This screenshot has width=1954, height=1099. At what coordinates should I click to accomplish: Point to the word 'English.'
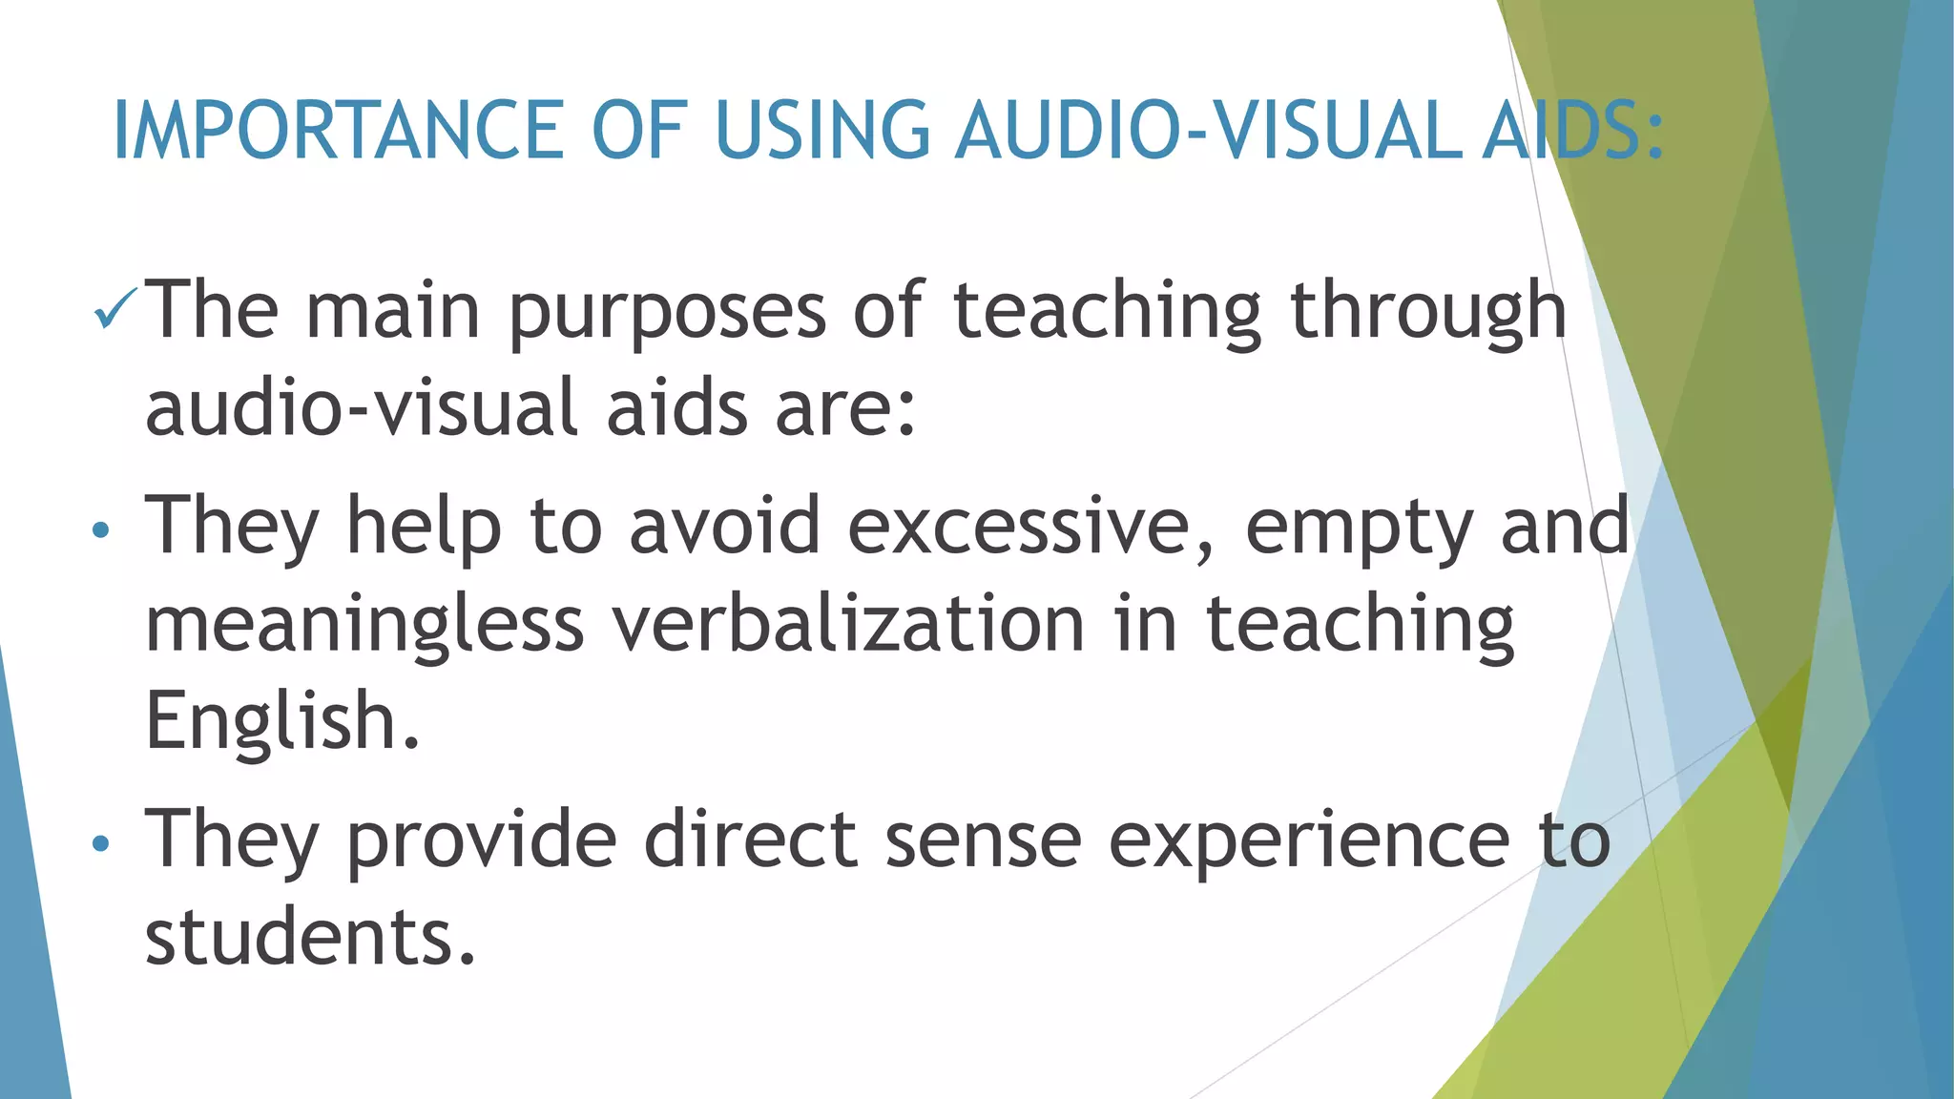point(282,722)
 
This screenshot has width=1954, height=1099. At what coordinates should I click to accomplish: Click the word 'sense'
point(983,840)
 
